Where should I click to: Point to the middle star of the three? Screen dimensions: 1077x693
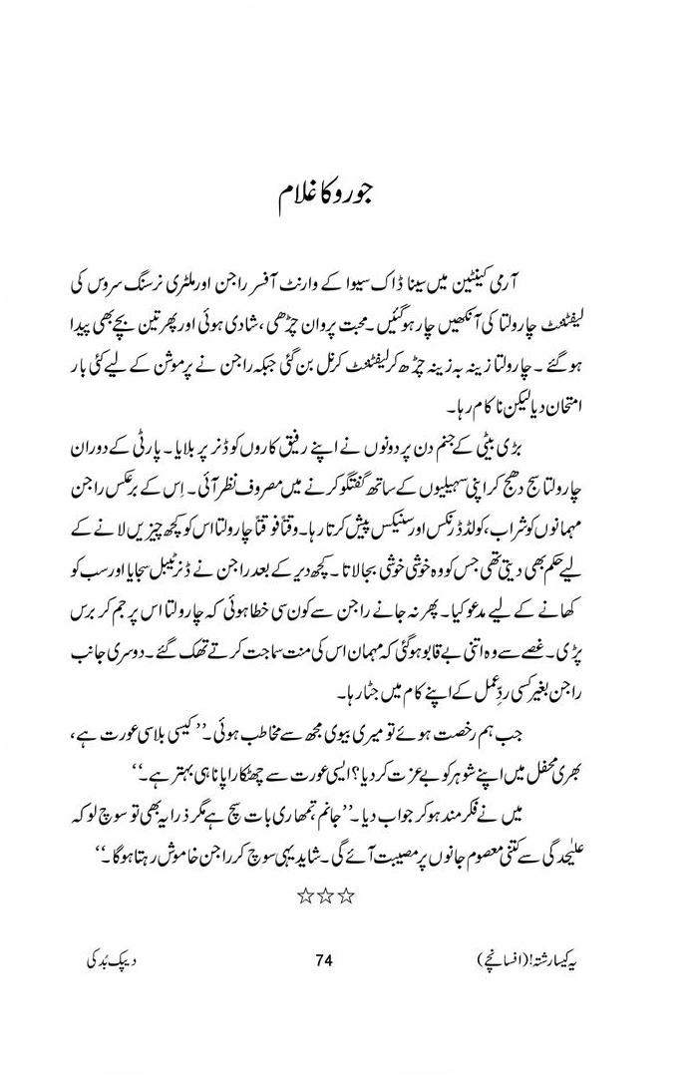325,896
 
